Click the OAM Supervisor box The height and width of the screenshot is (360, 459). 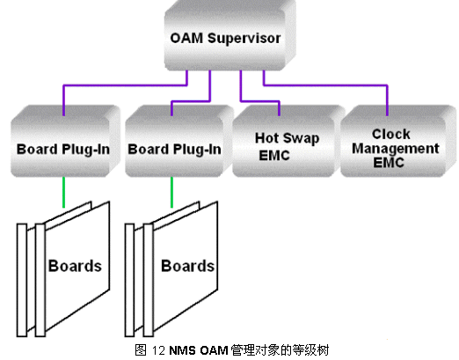[230, 35]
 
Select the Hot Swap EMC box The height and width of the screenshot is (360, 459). [288, 141]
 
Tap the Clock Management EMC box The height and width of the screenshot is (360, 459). [398, 141]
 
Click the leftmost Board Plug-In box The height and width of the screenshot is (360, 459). [66, 141]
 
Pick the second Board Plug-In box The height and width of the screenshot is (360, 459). [179, 141]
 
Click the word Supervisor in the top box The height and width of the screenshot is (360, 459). [244, 39]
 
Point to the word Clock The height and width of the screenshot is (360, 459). [391, 134]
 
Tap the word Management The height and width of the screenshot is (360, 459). [396, 149]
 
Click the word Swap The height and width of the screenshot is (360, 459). [302, 138]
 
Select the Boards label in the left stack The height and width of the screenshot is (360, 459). [75, 266]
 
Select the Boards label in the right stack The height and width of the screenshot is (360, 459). [188, 266]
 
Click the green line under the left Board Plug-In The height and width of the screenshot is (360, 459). [63, 192]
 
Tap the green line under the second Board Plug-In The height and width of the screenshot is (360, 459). [171, 192]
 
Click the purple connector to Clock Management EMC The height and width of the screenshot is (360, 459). [325, 85]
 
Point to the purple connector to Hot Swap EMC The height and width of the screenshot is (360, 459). [259, 101]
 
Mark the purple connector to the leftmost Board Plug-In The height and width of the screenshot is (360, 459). [125, 85]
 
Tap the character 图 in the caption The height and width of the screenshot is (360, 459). [141, 350]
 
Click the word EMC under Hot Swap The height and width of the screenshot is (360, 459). [274, 156]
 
